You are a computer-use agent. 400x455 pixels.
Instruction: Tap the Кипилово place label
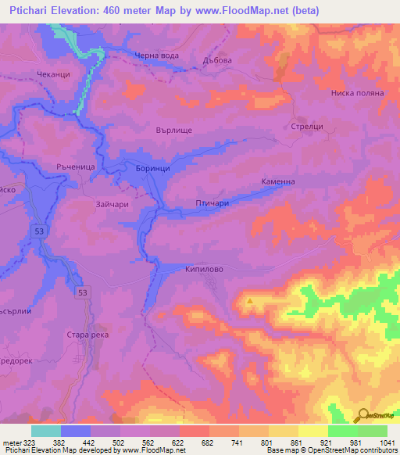click(205, 268)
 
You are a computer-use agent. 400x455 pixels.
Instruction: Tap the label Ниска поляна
click(358, 92)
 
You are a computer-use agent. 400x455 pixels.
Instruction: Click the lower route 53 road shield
click(82, 291)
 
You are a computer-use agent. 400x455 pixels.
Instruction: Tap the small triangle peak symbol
click(250, 300)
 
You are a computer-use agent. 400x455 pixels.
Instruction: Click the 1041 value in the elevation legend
click(388, 442)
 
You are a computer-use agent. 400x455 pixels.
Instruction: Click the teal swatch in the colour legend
click(45, 431)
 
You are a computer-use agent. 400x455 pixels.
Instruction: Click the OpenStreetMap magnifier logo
click(363, 415)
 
